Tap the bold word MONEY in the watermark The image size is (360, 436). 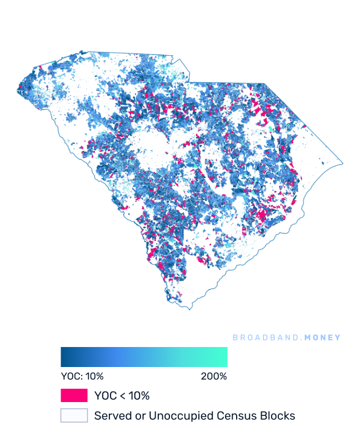322,338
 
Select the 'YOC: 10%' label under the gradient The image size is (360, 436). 82,376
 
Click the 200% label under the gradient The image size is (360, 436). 214,376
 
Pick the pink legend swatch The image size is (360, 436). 74,395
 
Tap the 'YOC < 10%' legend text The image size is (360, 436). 122,396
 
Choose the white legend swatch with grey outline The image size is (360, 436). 74,415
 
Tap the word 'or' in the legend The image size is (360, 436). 136,415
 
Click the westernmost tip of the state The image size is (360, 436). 17,88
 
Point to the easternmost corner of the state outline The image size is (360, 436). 343,163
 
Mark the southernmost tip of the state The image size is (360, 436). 190,309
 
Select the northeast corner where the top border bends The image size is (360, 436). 264,84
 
